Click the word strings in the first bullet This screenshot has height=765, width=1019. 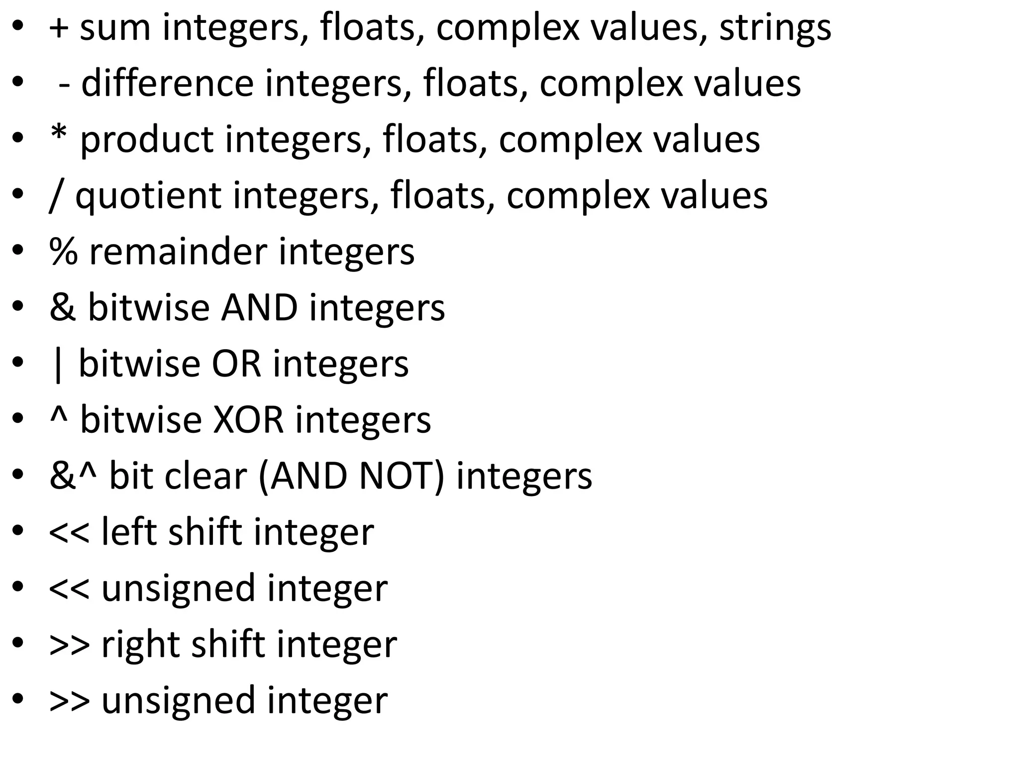tap(775, 27)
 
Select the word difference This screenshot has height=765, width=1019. tap(167, 83)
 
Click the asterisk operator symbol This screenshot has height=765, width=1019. tap(59, 133)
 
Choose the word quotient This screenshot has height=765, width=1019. tap(148, 196)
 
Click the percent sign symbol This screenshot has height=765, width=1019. tap(64, 252)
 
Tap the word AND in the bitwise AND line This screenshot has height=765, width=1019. tap(259, 308)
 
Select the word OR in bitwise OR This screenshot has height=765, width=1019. tap(236, 364)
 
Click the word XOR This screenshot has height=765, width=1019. tap(248, 420)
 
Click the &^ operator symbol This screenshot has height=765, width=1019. tap(73, 476)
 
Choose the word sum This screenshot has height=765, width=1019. tap(115, 27)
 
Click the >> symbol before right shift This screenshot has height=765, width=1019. tap(70, 644)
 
